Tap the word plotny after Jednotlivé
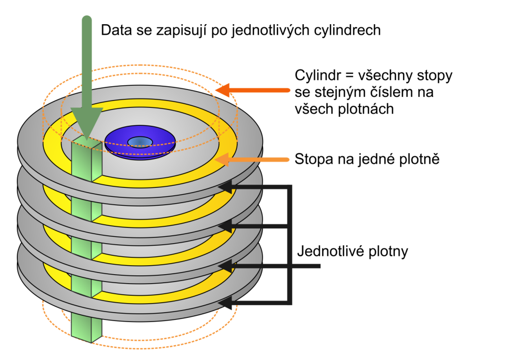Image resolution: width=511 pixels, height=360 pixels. pyautogui.click(x=389, y=252)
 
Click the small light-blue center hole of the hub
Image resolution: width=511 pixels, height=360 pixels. pyautogui.click(x=140, y=141)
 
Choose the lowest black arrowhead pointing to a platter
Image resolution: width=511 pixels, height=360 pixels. pyautogui.click(x=225, y=304)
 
